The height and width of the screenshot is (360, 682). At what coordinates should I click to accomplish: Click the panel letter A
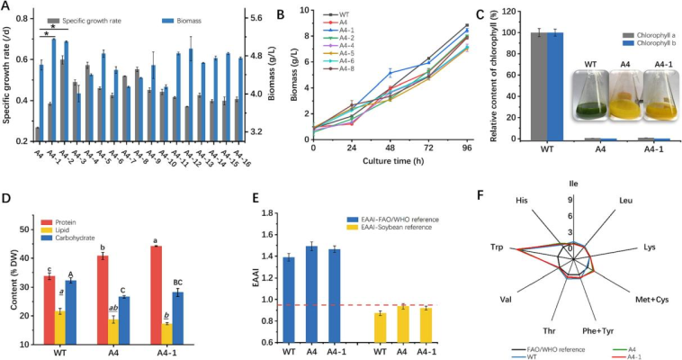click(7, 7)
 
